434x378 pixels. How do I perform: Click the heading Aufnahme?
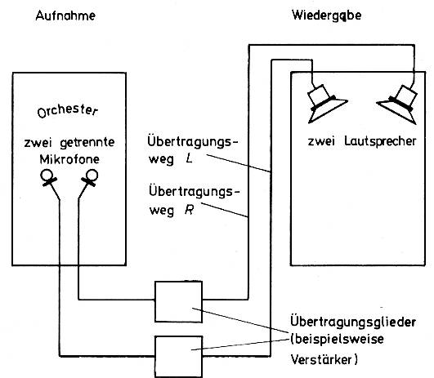[x=65, y=16]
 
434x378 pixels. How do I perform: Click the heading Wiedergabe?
[x=327, y=16]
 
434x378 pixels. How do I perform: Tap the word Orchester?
[x=68, y=110]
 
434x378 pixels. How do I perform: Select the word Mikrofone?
[x=69, y=159]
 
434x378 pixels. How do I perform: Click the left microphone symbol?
[x=47, y=178]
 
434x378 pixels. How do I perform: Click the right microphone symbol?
[x=90, y=178]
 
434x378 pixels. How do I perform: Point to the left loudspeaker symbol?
[x=325, y=104]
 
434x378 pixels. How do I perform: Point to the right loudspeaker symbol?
[x=398, y=105]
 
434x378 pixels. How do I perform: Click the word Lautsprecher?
[x=380, y=141]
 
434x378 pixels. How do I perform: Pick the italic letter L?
[x=190, y=158]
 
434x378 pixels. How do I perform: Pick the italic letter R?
[x=189, y=210]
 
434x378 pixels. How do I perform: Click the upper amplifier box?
[x=178, y=302]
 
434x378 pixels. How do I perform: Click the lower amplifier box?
[x=178, y=357]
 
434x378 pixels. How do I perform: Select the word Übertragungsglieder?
[x=353, y=322]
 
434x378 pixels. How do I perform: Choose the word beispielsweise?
[x=339, y=339]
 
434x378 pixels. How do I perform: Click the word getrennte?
[x=87, y=143]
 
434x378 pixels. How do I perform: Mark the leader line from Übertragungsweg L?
[x=239, y=163]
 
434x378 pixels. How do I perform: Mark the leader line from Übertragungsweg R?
[x=224, y=210]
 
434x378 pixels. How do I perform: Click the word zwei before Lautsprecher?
[x=321, y=141]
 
